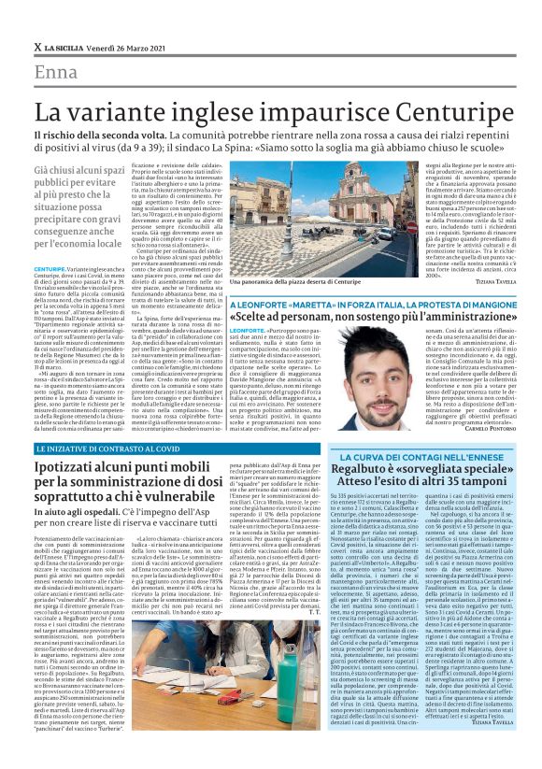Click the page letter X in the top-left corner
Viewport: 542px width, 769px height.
pyautogui.click(x=36, y=47)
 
